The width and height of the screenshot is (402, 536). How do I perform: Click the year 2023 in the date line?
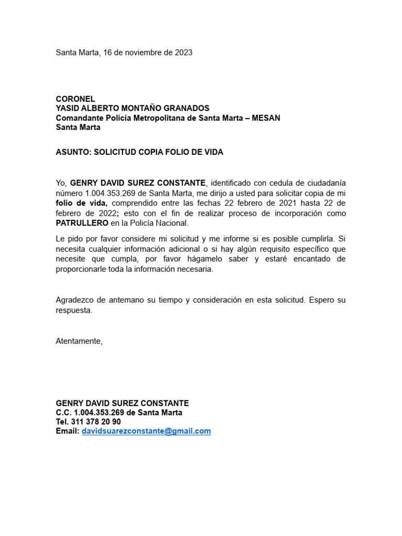(x=183, y=52)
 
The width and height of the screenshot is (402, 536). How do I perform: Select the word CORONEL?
(x=75, y=99)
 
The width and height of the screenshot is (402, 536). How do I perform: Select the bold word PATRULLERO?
(x=82, y=223)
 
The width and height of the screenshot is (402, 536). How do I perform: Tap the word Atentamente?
(x=79, y=341)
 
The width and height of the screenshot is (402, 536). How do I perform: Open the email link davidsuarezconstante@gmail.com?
(x=146, y=431)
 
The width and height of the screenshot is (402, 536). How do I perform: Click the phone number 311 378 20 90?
(x=96, y=422)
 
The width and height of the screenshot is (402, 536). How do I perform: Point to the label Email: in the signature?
(x=68, y=431)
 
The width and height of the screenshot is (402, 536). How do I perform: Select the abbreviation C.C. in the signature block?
(x=63, y=412)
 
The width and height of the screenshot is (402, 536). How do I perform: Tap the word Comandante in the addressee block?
(x=79, y=118)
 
